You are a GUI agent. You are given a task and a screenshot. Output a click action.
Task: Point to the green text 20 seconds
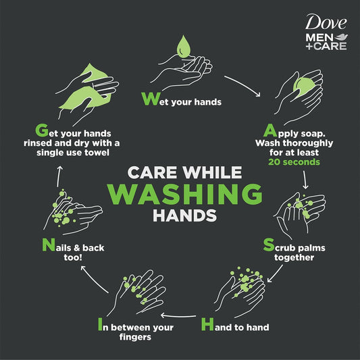point(294,162)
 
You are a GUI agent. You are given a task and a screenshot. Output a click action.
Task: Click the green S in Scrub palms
point(268,247)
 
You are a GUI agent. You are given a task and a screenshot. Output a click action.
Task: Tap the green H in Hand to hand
point(208,326)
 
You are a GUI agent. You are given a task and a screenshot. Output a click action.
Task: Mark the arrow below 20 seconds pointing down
point(306,179)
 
